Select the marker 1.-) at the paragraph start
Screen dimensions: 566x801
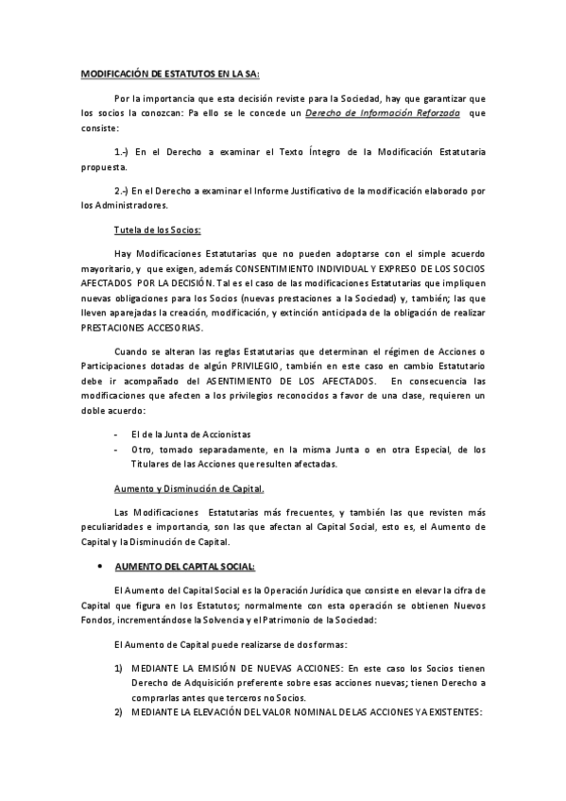(121, 151)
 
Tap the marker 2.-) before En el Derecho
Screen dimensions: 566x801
(121, 191)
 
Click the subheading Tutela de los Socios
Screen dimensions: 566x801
(157, 230)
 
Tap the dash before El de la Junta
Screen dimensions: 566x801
(116, 434)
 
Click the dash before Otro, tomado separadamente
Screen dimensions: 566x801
(116, 449)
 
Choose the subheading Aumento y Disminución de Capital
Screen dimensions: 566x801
(189, 488)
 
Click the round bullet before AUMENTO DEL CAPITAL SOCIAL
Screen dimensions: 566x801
(101, 567)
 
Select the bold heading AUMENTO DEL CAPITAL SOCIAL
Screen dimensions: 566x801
(184, 567)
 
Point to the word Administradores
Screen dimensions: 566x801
(130, 205)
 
